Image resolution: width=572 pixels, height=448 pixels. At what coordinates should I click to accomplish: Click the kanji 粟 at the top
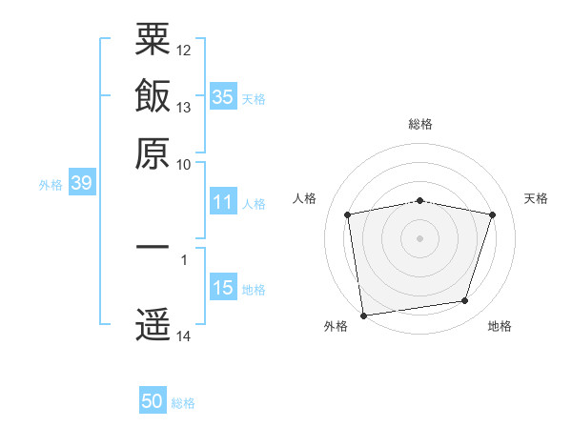coord(153,39)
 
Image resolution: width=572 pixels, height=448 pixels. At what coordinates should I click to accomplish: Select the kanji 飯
coord(153,95)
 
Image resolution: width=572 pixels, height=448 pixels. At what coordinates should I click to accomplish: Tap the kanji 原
coord(153,153)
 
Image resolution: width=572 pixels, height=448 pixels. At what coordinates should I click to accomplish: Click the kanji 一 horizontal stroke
coord(153,247)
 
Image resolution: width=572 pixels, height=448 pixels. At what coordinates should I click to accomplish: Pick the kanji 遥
coord(153,324)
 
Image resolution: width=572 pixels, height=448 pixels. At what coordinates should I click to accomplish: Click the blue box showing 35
coord(223,96)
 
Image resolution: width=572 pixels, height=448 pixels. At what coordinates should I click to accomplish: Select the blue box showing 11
coord(223,201)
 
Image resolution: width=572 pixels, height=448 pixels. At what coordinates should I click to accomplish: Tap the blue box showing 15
coord(223,286)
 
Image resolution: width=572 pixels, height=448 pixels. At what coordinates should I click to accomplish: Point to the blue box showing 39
coord(82,182)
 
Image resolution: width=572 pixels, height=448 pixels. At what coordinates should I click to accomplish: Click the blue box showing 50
coord(153,399)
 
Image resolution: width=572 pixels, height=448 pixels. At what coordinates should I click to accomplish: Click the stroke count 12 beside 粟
coord(183,51)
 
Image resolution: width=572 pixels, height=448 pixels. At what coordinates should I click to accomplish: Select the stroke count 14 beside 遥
coord(183,336)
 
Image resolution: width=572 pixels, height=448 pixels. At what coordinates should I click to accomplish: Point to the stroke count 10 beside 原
coord(183,165)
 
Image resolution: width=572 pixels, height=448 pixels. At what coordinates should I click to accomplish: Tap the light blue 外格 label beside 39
coord(51,185)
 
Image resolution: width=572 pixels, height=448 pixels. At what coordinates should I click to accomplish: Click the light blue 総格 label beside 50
coord(183,403)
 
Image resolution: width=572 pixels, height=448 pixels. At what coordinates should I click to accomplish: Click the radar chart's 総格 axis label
coord(420,124)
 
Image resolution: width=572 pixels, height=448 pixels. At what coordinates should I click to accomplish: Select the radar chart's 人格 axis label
coord(304,198)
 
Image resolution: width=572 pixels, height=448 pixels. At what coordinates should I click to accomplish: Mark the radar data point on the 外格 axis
coord(363,316)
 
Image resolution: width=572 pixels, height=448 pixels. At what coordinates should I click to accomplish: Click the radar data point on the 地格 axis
coord(465,300)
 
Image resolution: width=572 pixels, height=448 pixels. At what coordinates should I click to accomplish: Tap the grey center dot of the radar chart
coord(419,238)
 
